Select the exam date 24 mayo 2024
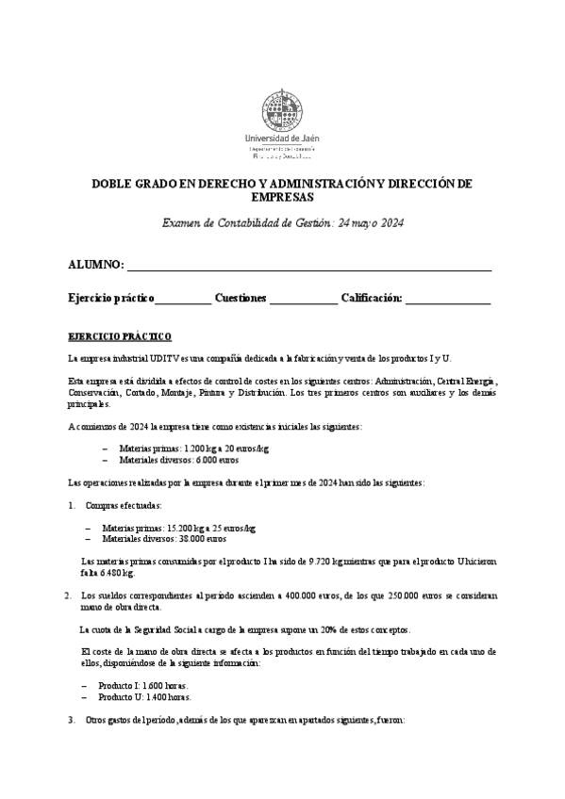tap(369, 223)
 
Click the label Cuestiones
tap(241, 299)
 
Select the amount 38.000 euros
tap(202, 540)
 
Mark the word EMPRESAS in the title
tap(282, 199)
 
